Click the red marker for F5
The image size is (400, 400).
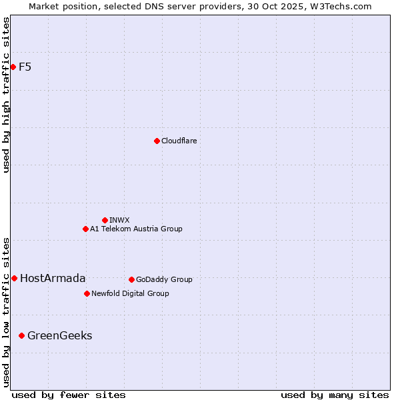[13, 67]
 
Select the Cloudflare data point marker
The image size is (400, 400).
[157, 141]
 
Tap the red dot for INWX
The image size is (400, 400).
[105, 220]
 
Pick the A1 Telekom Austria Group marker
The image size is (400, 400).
[85, 229]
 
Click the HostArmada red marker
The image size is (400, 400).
[14, 278]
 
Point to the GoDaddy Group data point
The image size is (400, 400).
[131, 279]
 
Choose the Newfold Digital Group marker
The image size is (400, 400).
[87, 293]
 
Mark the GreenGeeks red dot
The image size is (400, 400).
[21, 335]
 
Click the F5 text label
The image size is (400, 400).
[25, 67]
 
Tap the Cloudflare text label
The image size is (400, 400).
[179, 141]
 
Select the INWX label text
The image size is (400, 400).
[119, 220]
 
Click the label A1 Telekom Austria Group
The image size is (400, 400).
[136, 229]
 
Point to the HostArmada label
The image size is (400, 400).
[53, 278]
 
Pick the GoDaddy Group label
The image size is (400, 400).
[164, 279]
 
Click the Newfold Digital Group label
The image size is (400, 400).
[130, 293]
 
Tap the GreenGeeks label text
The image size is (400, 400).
[59, 335]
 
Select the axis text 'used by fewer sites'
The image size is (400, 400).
[69, 395]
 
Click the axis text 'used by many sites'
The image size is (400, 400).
[335, 395]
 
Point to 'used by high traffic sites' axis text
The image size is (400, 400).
[6, 95]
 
